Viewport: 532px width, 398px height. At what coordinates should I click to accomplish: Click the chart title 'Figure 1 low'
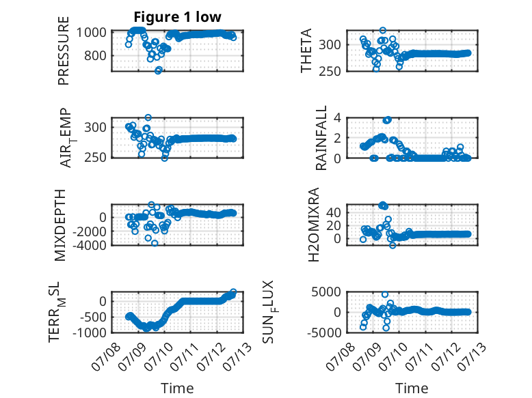pyautogui.click(x=177, y=17)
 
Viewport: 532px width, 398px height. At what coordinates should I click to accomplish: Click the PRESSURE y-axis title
pyautogui.click(x=64, y=51)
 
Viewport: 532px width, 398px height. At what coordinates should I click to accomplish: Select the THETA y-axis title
pyautogui.click(x=306, y=51)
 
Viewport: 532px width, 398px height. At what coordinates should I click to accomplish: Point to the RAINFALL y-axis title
pyautogui.click(x=321, y=138)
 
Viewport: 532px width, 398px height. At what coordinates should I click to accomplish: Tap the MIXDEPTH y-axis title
pyautogui.click(x=59, y=225)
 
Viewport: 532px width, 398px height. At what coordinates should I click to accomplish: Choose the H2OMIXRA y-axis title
pyautogui.click(x=314, y=225)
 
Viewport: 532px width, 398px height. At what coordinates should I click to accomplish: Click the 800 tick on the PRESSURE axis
pyautogui.click(x=95, y=55)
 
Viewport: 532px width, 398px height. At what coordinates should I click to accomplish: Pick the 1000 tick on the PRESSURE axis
pyautogui.click(x=92, y=33)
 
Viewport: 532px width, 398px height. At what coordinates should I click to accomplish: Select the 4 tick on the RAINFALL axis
pyautogui.click(x=337, y=118)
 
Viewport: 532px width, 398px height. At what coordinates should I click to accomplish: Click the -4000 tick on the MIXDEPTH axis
pyautogui.click(x=90, y=245)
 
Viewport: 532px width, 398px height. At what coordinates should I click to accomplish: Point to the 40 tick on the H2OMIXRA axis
pyautogui.click(x=334, y=213)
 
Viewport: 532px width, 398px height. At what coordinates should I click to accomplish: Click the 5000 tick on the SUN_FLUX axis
pyautogui.click(x=326, y=292)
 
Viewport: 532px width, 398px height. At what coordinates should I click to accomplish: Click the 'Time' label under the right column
pyautogui.click(x=412, y=388)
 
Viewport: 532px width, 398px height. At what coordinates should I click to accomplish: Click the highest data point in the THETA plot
pyautogui.click(x=383, y=31)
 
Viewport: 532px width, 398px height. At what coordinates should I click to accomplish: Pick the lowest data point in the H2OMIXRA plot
pyautogui.click(x=393, y=245)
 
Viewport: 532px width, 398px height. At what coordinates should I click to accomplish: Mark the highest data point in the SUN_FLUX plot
pyautogui.click(x=385, y=294)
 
